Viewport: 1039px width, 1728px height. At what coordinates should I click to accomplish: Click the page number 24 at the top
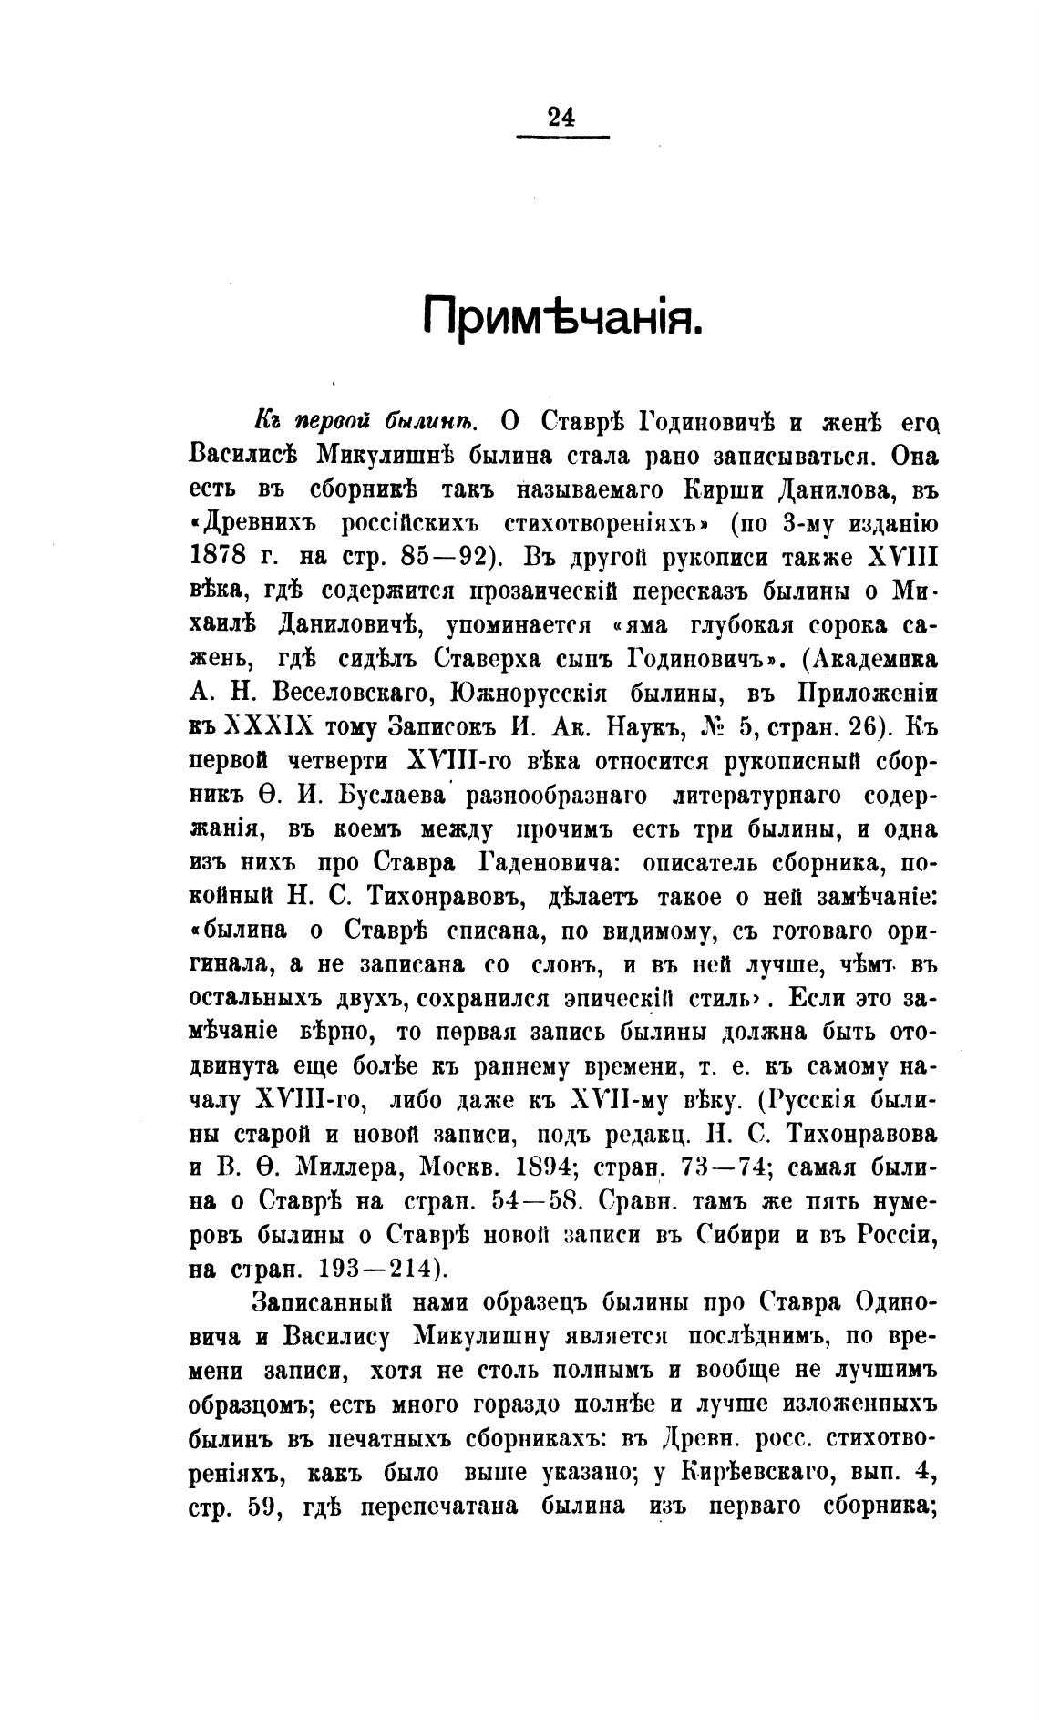click(561, 117)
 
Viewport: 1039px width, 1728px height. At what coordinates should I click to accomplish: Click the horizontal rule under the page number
click(562, 138)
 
